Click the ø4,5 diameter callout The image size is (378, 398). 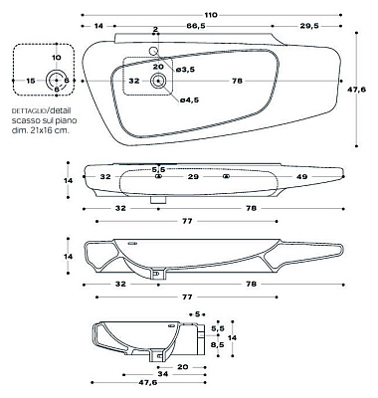tap(188, 99)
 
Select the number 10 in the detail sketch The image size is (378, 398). tap(56, 59)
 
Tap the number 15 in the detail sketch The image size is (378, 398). tap(31, 80)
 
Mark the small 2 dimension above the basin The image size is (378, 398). tap(155, 31)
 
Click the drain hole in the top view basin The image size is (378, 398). tap(158, 81)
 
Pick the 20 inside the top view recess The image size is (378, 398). tap(157, 66)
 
